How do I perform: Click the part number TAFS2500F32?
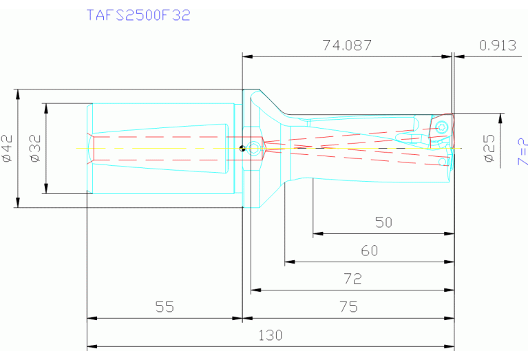click(x=138, y=15)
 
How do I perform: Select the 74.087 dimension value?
click(x=347, y=45)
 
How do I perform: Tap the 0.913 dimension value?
click(x=497, y=45)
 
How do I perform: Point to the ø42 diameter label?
click(x=8, y=148)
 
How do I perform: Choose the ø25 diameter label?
click(x=489, y=148)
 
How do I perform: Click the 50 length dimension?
click(x=383, y=222)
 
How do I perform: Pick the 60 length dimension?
click(x=370, y=251)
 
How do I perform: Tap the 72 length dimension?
click(x=352, y=279)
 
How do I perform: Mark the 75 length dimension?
click(x=349, y=307)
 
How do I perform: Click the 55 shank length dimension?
click(x=164, y=307)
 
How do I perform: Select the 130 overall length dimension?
click(x=270, y=335)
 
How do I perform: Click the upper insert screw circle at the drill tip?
click(x=442, y=126)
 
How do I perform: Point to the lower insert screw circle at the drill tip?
click(x=442, y=162)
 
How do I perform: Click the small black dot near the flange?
click(x=242, y=147)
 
